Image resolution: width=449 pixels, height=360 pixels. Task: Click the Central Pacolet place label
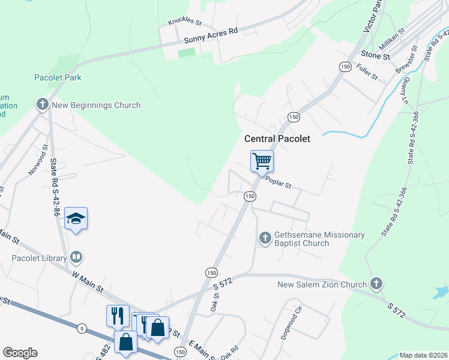pos(277,139)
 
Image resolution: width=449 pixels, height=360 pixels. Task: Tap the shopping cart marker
pos(262,161)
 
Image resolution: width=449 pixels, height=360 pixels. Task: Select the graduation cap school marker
pos(76,218)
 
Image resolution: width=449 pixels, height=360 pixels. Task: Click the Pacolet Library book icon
pos(76,258)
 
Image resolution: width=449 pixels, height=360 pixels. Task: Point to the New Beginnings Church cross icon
pos(43,105)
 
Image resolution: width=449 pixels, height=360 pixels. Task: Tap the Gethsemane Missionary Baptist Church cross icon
pos(265,239)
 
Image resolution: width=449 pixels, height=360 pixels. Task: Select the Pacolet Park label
pos(58,77)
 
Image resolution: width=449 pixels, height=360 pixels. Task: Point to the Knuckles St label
pos(184,22)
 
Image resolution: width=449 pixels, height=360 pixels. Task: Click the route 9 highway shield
pos(81,327)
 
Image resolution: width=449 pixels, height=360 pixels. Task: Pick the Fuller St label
pos(366,73)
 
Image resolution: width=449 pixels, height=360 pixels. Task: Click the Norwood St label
pos(38,160)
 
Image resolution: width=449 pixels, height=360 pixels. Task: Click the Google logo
pos(20,353)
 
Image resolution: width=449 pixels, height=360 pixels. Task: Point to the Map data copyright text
pos(423,355)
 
